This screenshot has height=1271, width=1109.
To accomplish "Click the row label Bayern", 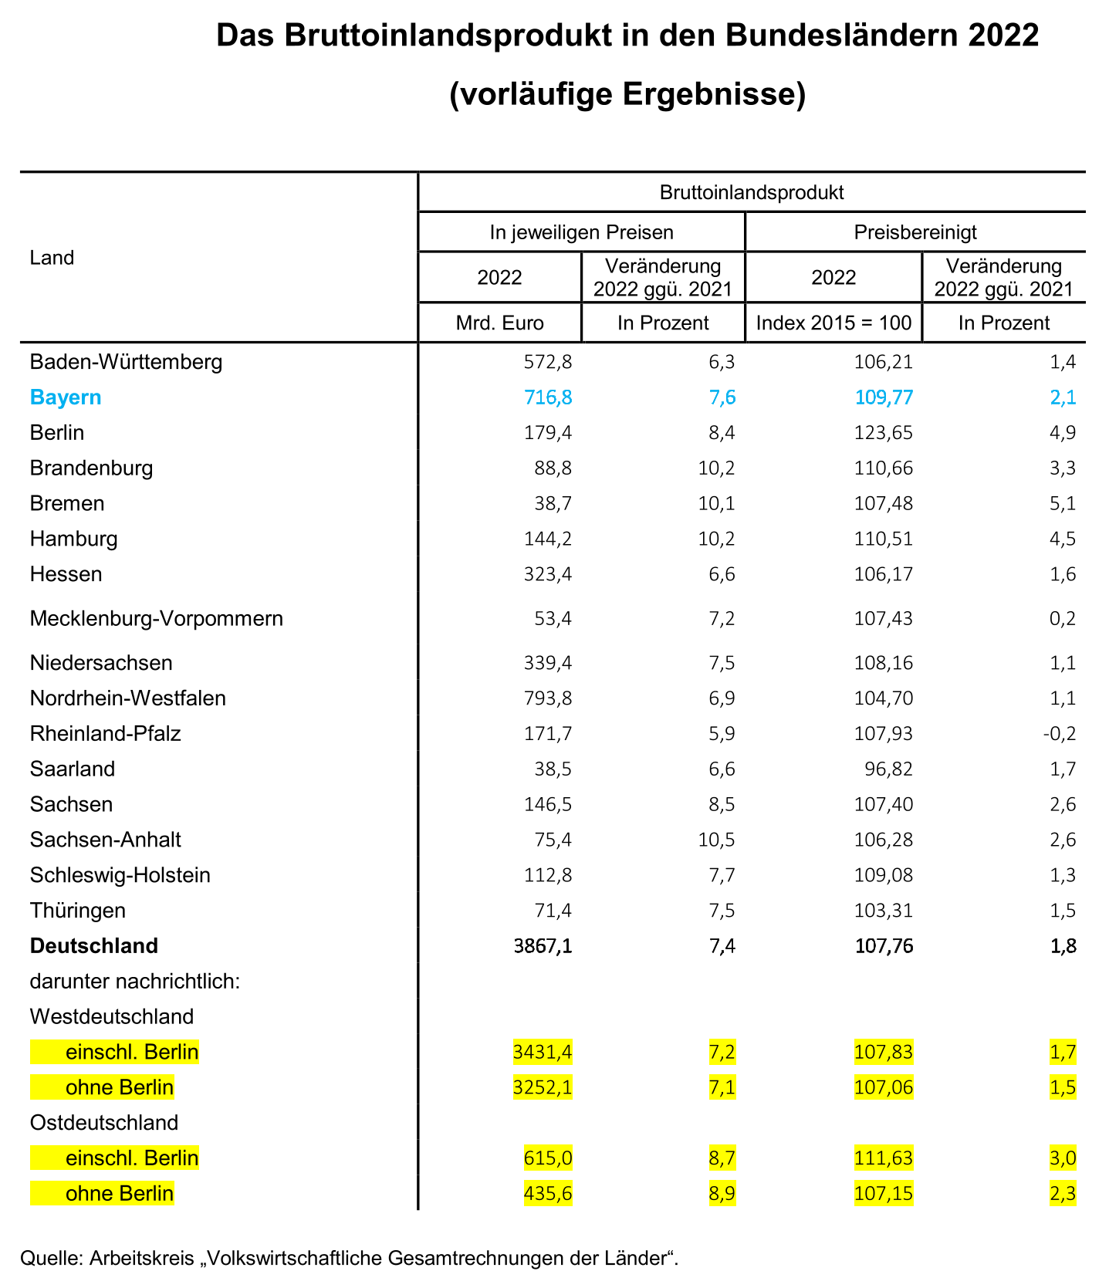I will [66, 397].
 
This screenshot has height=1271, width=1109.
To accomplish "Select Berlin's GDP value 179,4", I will [548, 433].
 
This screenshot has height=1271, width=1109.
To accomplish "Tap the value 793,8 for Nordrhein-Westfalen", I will [548, 698].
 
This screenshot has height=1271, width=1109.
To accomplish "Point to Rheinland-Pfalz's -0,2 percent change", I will [1059, 734].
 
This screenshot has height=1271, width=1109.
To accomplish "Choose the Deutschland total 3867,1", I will [543, 946].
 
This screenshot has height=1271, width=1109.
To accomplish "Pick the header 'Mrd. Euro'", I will [499, 323].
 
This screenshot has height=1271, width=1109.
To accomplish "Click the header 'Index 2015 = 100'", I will [833, 323].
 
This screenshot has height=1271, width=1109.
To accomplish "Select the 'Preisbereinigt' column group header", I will [915, 232].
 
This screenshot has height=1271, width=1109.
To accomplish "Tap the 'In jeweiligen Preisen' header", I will [581, 232].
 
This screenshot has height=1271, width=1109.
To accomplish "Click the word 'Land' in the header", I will [52, 258].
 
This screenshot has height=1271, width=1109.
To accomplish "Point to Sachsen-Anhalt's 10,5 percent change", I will [716, 840].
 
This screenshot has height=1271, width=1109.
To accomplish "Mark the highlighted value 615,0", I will [548, 1158].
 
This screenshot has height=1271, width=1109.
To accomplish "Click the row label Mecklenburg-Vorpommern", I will [157, 618].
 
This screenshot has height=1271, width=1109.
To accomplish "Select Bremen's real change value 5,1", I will [1063, 504].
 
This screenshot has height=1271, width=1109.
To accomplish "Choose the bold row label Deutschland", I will [94, 946].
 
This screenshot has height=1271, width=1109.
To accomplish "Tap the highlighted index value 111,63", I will [884, 1158].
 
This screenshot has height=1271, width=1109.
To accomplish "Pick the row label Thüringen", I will [78, 911].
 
